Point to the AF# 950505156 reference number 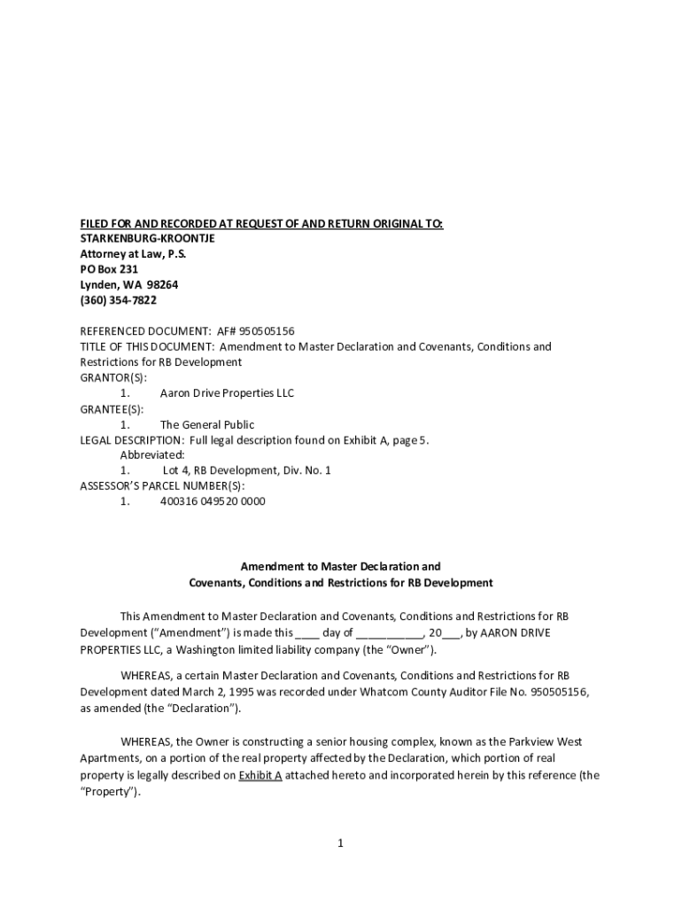pyautogui.click(x=255, y=331)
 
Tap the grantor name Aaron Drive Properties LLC pyautogui.click(x=227, y=393)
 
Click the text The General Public pyautogui.click(x=206, y=424)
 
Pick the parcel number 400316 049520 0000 pyautogui.click(x=213, y=501)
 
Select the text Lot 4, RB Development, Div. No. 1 pyautogui.click(x=246, y=470)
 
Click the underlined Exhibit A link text pyautogui.click(x=260, y=775)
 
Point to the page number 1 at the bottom pyautogui.click(x=340, y=842)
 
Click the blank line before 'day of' pyautogui.click(x=306, y=633)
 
